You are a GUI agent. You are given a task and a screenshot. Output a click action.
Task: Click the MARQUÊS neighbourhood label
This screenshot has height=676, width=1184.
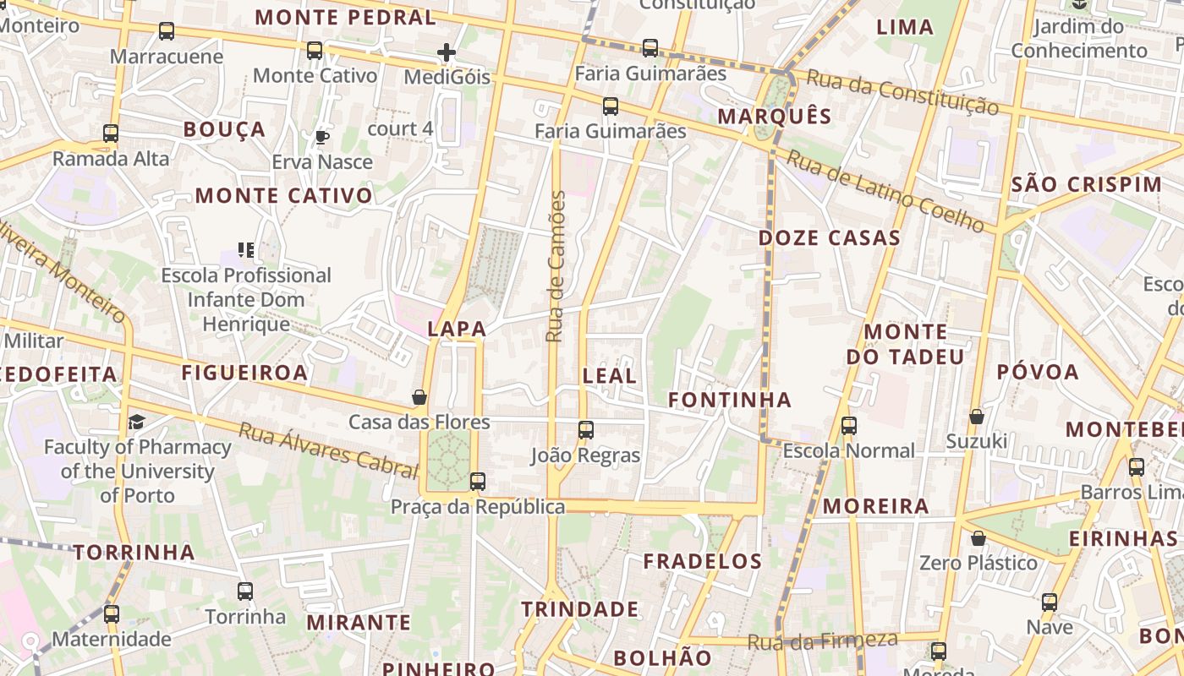point(775,117)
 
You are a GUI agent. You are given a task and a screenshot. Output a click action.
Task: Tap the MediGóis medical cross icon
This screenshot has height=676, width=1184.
point(447,53)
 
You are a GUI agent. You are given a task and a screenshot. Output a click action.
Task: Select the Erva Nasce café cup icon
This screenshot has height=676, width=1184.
point(321,137)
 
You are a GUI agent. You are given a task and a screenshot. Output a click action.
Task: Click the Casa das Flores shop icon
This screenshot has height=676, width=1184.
point(419,397)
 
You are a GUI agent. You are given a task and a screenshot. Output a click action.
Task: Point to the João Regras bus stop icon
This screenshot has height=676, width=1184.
point(586,430)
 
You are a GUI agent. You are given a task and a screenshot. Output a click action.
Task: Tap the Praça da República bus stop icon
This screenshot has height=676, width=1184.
point(478,482)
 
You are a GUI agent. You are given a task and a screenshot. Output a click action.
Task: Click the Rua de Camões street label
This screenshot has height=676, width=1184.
point(555,266)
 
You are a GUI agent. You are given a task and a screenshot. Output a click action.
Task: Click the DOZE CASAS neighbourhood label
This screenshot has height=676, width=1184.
point(830,238)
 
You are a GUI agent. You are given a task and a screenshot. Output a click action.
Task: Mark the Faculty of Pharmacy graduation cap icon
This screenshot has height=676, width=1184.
point(136,422)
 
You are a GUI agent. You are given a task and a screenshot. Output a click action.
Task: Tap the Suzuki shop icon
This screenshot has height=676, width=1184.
point(977,417)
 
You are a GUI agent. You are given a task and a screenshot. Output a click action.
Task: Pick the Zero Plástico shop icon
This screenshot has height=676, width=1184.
point(978,538)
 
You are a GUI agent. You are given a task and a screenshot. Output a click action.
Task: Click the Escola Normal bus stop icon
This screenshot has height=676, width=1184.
point(849,426)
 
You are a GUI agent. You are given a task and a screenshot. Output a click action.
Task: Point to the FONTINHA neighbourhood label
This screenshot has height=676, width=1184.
point(730,400)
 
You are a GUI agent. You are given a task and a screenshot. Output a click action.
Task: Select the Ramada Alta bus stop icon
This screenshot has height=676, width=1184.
point(111,134)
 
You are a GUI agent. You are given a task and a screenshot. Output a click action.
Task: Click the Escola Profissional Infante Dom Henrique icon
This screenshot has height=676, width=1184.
point(246,249)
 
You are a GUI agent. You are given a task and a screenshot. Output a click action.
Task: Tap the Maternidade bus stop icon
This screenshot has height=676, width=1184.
point(112,614)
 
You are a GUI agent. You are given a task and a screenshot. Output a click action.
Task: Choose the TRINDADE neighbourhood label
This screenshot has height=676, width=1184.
point(580,609)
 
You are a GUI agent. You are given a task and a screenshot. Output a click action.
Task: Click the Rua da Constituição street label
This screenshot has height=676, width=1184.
point(902,92)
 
